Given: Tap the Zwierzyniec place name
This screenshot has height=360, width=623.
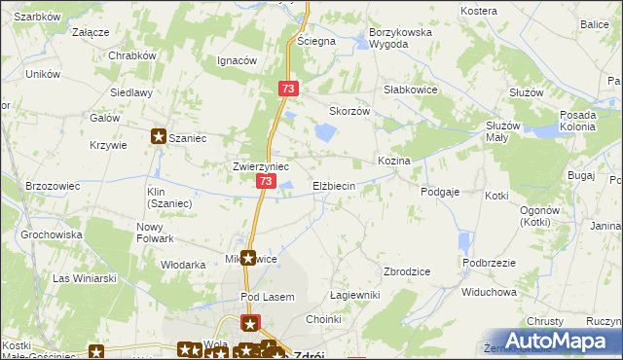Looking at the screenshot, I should click(x=260, y=166).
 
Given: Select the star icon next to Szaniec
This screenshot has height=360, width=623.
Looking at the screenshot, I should click(x=159, y=138).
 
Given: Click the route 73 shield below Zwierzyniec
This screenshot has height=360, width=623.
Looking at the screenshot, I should click(x=266, y=182).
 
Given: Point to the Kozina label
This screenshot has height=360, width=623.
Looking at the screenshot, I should click(x=393, y=160).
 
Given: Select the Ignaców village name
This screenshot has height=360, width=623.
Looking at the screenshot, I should click(x=237, y=60).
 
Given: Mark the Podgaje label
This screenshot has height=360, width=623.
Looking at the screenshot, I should click(x=440, y=193).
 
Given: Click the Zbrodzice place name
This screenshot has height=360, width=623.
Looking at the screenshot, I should click(x=408, y=271).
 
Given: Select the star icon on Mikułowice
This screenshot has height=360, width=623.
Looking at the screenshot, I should click(x=249, y=259).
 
